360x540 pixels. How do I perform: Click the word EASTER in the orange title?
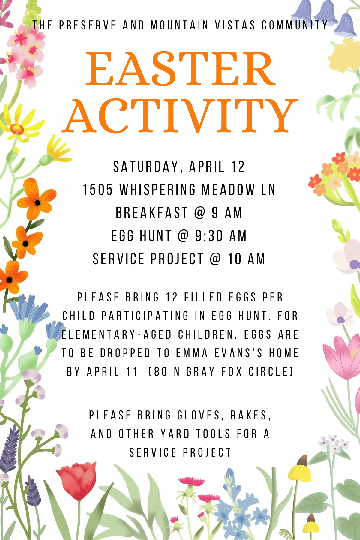click(x=181, y=68)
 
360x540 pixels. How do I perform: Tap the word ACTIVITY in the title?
click(x=180, y=116)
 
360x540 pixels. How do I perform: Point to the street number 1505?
click(x=98, y=190)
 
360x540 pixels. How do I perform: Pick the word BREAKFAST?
click(x=152, y=213)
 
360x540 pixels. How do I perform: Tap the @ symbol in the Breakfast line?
click(x=200, y=213)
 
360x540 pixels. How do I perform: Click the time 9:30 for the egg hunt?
click(x=209, y=236)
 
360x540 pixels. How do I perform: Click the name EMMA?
click(x=192, y=353)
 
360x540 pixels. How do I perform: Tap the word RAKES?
click(x=251, y=415)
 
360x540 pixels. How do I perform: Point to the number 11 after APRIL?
click(x=132, y=372)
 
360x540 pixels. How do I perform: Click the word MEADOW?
click(x=228, y=190)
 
